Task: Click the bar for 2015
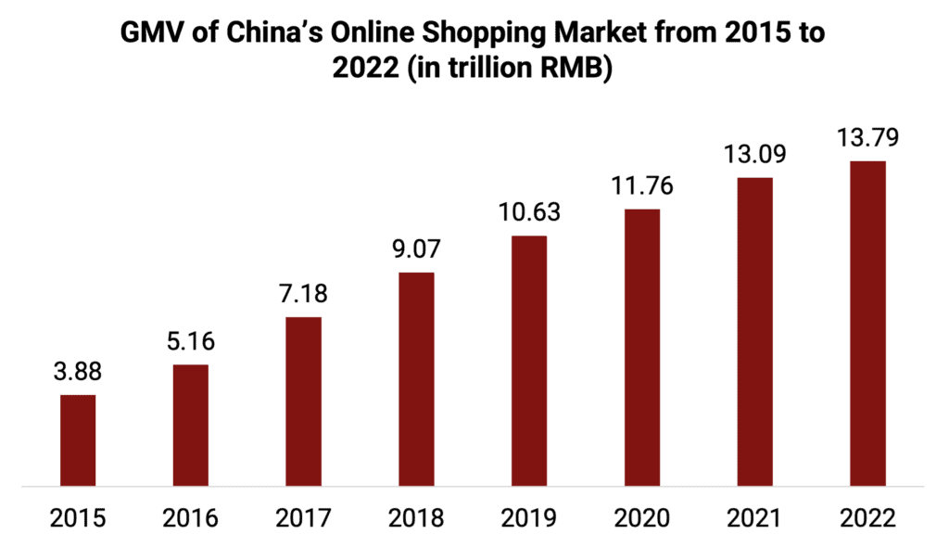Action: pyautogui.click(x=78, y=439)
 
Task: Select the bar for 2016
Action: pyautogui.click(x=190, y=425)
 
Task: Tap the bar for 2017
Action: pyautogui.click(x=303, y=401)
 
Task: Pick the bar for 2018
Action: pyautogui.click(x=416, y=378)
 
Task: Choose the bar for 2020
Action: pyautogui.click(x=642, y=347)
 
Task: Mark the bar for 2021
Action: pyautogui.click(x=754, y=331)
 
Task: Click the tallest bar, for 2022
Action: pyautogui.click(x=867, y=323)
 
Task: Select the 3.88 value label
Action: pyautogui.click(x=78, y=373)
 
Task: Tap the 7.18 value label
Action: pyautogui.click(x=303, y=295)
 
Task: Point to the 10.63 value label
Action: pyautogui.click(x=529, y=213)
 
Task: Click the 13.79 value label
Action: pyautogui.click(x=867, y=139)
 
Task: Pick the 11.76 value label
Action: pyautogui.click(x=642, y=186)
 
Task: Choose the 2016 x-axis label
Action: pyautogui.click(x=190, y=517)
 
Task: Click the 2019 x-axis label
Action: pyautogui.click(x=529, y=517)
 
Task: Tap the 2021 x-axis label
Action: pyautogui.click(x=754, y=517)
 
